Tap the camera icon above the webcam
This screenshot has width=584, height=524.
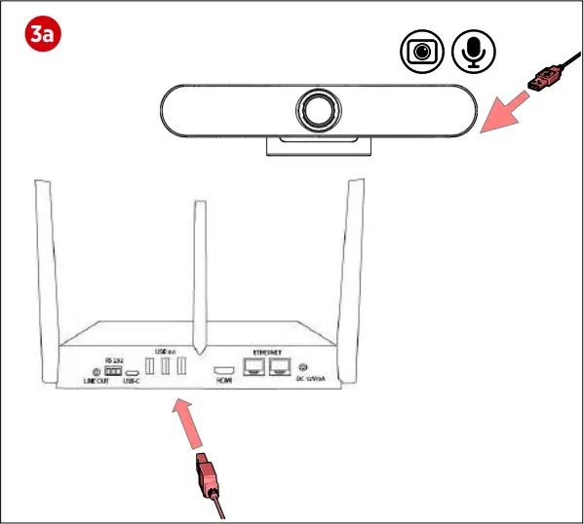423,52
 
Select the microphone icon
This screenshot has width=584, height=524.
474,52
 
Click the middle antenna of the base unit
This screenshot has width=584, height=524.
200,277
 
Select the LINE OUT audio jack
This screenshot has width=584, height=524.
97,371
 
